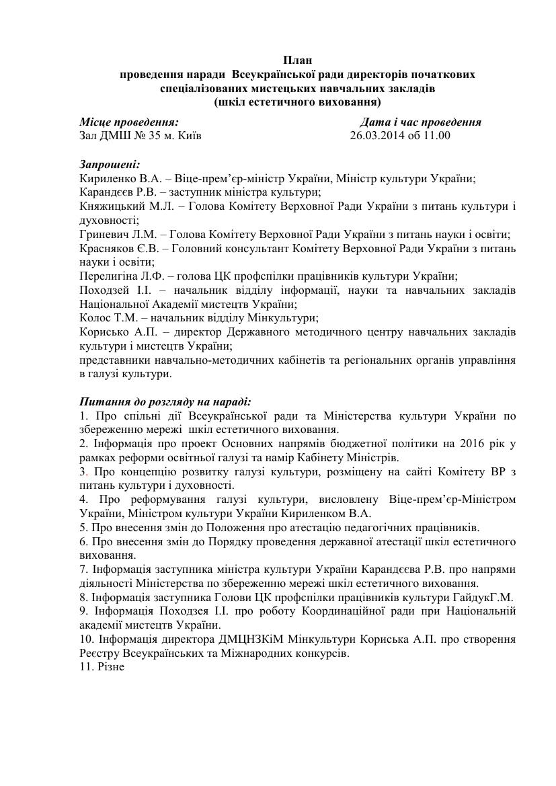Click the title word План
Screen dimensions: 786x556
(x=297, y=61)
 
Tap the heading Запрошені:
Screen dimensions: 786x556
(x=110, y=165)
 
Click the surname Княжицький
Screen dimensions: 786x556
(x=109, y=206)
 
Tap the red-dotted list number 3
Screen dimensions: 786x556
(x=83, y=472)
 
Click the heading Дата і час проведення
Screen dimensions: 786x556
(x=420, y=122)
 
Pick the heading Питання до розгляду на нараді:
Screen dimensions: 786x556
(x=165, y=402)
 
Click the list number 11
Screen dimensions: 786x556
(x=85, y=666)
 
